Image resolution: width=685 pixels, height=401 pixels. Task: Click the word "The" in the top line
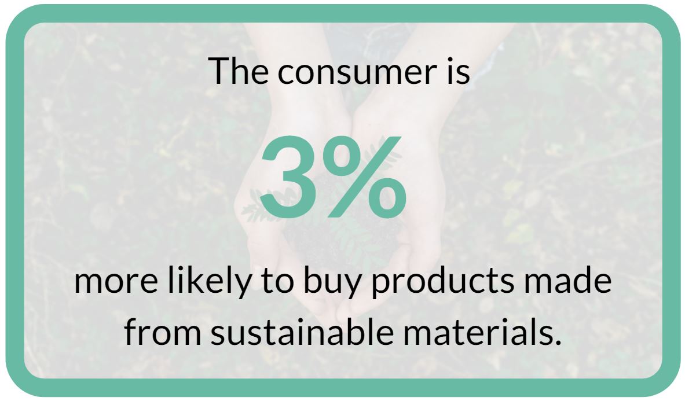238,71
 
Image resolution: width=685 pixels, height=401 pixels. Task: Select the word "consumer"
357,73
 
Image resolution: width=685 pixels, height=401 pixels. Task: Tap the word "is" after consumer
458,71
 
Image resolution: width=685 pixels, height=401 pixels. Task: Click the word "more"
116,282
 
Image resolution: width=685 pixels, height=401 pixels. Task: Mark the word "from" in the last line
163,331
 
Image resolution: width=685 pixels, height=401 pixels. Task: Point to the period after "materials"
557,342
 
